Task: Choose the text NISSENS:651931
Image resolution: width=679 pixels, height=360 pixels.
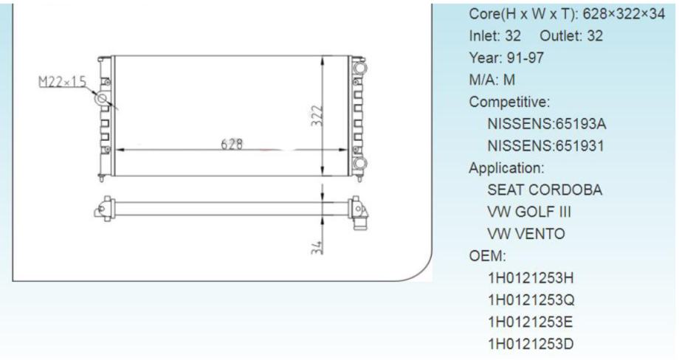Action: (x=546, y=145)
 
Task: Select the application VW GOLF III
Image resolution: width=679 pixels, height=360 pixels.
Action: (x=530, y=212)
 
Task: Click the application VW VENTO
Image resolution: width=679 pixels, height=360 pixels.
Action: (x=526, y=235)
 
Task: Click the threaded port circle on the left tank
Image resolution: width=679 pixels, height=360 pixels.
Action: (x=102, y=98)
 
